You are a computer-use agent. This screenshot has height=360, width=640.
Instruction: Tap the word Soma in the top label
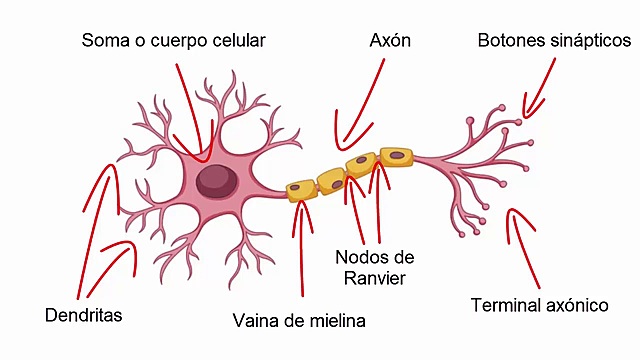(x=104, y=41)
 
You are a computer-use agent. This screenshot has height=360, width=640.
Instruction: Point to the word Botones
(x=510, y=41)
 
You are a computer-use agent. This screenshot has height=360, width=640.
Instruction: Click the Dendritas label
(x=84, y=315)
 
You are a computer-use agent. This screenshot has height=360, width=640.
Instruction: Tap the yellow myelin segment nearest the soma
(x=300, y=190)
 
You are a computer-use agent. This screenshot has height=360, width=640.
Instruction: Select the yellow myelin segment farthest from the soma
(x=396, y=156)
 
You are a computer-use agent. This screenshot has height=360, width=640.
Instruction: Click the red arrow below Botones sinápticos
(x=540, y=85)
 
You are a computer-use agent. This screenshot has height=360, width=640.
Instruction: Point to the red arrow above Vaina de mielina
(x=299, y=250)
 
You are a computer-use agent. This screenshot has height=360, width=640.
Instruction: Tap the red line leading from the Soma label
(x=186, y=110)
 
